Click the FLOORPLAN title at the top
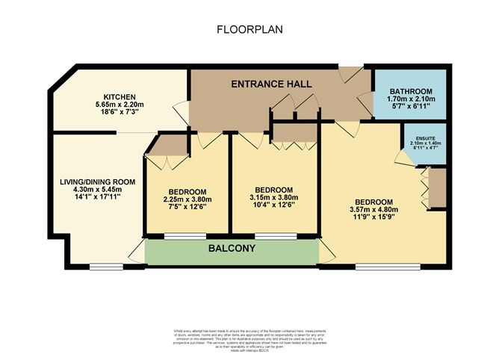(x=249, y=31)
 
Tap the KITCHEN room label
(x=118, y=96)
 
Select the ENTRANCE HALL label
(x=270, y=84)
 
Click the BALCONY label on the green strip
(x=231, y=249)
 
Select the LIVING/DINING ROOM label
(x=92, y=181)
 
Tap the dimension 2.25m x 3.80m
(x=187, y=199)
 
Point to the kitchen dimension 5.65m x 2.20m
(x=119, y=105)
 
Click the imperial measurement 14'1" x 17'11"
(x=92, y=199)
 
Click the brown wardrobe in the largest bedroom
(x=437, y=186)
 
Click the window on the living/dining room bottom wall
(x=101, y=265)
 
